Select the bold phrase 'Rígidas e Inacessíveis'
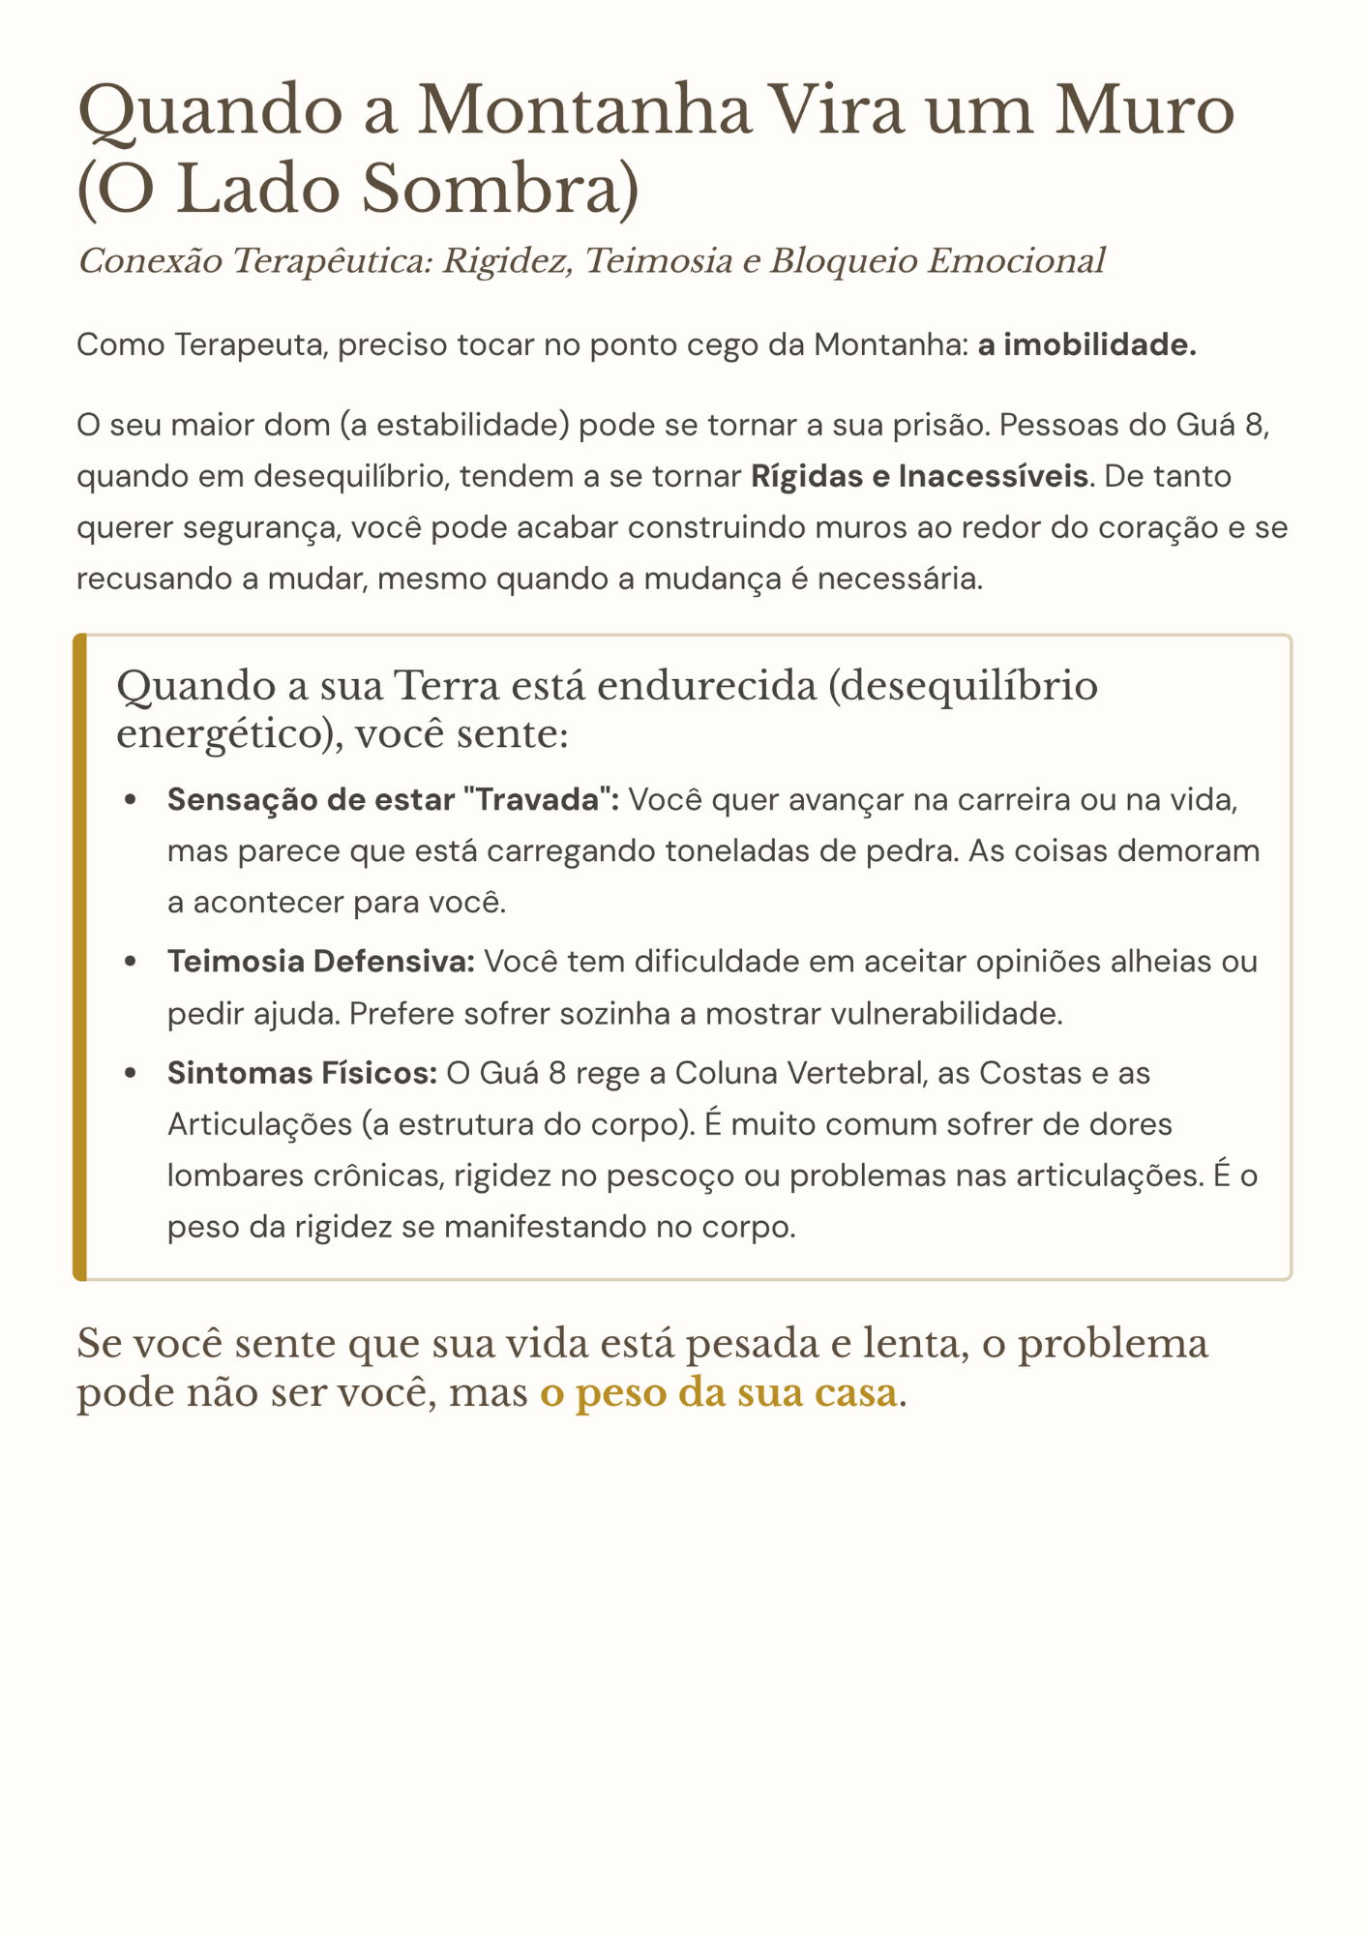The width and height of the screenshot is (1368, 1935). tap(918, 477)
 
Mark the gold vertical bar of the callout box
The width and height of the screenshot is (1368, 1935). tap(80, 957)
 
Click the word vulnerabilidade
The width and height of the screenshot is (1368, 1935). tap(934, 1013)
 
